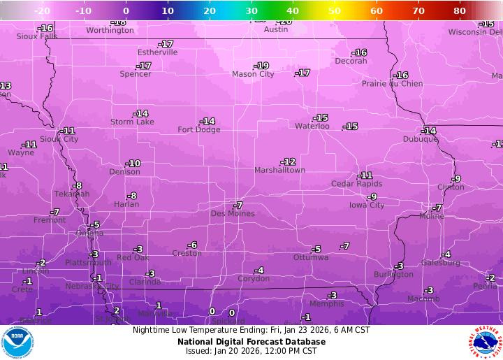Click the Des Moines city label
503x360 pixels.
[x=233, y=214]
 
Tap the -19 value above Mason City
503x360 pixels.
[x=261, y=66]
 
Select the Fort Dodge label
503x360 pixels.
[x=198, y=130]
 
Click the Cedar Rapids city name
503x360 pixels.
[x=356, y=184]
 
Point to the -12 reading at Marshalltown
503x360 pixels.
[x=288, y=161]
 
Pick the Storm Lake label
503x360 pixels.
[x=132, y=122]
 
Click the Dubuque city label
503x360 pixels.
[x=420, y=139]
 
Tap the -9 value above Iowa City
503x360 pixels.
[x=372, y=196]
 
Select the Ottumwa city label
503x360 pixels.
[x=310, y=257]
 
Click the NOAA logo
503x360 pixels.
[x=17, y=343]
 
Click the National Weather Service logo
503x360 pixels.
[x=484, y=343]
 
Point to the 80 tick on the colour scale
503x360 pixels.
[x=460, y=11]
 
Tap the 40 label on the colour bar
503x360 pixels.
[x=293, y=11]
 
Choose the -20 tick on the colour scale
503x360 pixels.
[x=41, y=11]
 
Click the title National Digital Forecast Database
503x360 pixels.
[x=251, y=341]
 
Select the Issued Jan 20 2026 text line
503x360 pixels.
[x=251, y=351]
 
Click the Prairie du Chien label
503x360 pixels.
[x=392, y=84]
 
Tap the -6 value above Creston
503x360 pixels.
[x=192, y=245]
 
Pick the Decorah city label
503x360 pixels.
[x=351, y=62]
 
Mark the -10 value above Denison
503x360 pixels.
[x=133, y=164]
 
